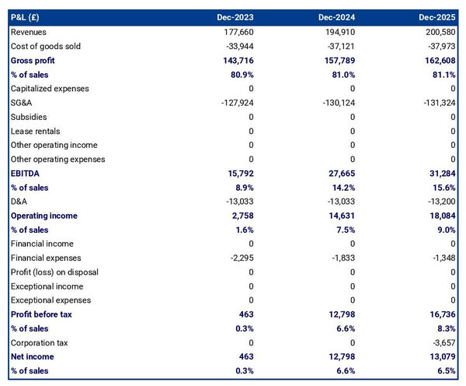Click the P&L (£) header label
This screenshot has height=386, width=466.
coord(28,17)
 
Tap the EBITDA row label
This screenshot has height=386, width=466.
coord(26,174)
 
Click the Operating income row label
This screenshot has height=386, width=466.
coord(43,216)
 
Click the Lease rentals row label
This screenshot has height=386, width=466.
coord(36,131)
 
